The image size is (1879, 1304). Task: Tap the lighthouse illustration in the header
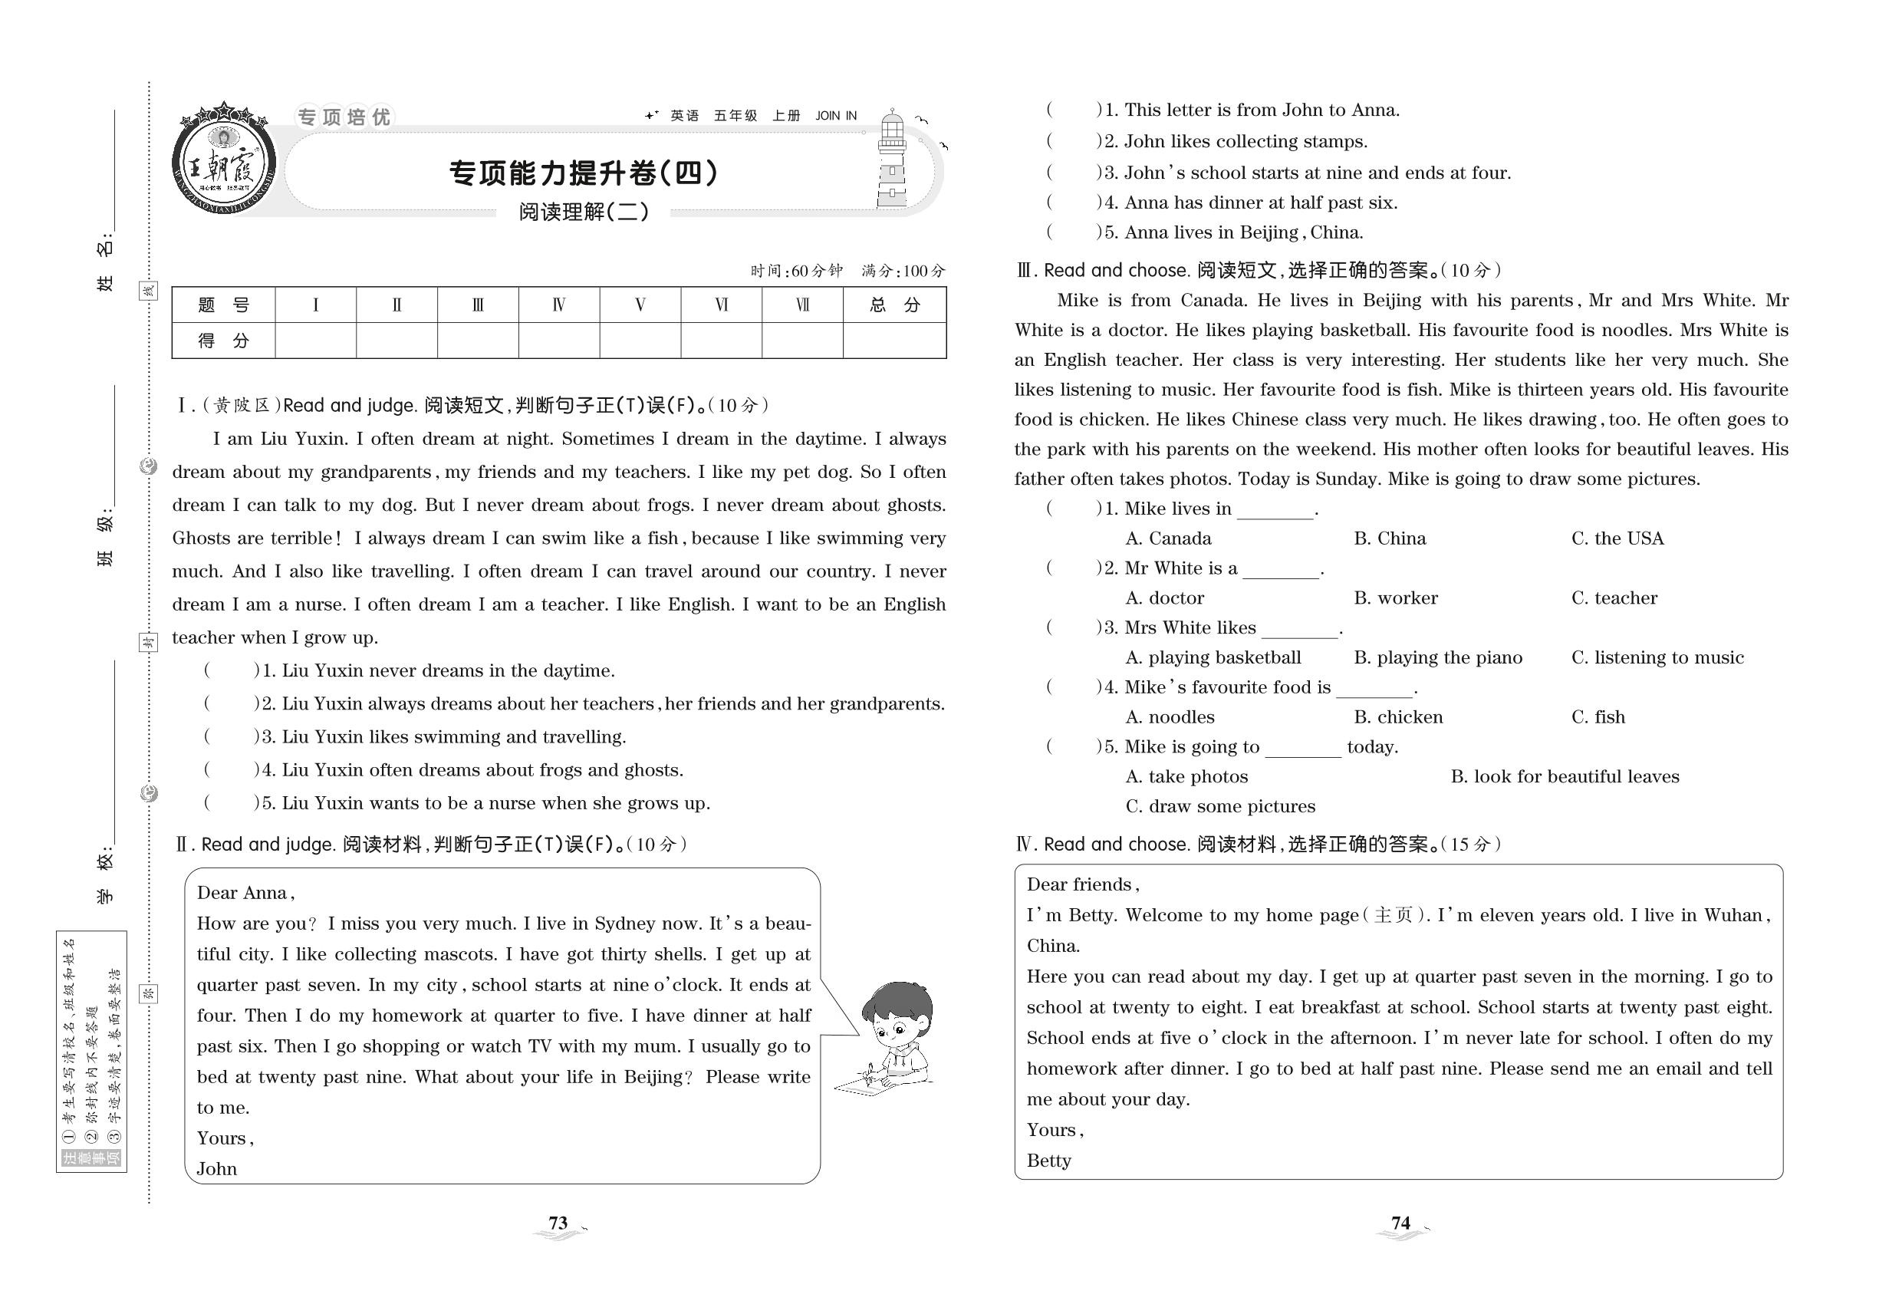892,160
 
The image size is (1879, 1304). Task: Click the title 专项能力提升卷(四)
584,173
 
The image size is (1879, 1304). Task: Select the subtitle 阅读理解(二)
584,212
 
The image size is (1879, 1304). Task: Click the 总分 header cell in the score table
894,305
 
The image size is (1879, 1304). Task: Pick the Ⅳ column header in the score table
559,305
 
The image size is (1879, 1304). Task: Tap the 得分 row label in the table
223,341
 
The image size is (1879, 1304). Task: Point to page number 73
558,1223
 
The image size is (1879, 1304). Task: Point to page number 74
1400,1223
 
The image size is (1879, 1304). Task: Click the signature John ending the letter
216,1169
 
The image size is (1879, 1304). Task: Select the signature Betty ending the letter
1048,1161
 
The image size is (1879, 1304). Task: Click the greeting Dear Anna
244,893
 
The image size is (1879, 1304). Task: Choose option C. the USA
1617,538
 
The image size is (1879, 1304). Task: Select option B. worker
1395,598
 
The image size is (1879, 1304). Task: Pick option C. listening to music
1657,657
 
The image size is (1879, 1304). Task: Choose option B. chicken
1398,717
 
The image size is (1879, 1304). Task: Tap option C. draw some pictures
1219,806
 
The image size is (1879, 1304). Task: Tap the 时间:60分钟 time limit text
796,271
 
